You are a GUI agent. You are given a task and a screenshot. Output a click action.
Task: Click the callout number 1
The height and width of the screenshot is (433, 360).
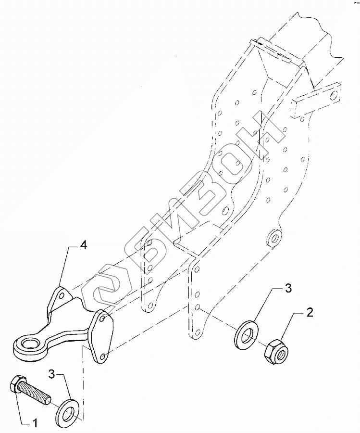click(34, 423)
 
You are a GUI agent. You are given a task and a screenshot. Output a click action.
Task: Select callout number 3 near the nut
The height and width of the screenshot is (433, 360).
click(287, 289)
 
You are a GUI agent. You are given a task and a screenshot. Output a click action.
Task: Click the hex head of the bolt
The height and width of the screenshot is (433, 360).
click(15, 384)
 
